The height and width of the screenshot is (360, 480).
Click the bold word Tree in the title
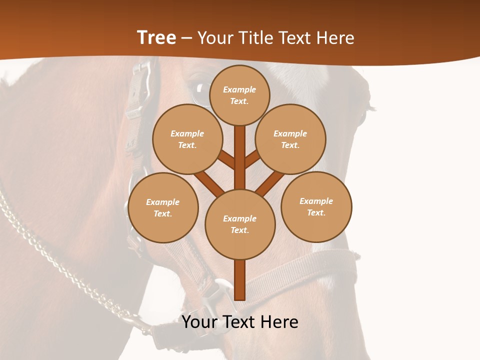pyautogui.click(x=156, y=37)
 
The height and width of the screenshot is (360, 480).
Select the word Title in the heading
pyautogui.click(x=252, y=38)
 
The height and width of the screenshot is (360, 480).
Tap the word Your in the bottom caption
pyautogui.click(x=199, y=322)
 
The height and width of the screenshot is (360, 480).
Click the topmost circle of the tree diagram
pyautogui.click(x=239, y=94)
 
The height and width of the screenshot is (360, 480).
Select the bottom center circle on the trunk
pyautogui.click(x=240, y=224)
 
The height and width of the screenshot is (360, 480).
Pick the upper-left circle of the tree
pyautogui.click(x=187, y=139)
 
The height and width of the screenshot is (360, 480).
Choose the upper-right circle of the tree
pyautogui.click(x=290, y=139)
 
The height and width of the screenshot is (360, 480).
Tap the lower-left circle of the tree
pyautogui.click(x=163, y=207)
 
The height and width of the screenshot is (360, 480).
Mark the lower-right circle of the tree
pyautogui.click(x=316, y=206)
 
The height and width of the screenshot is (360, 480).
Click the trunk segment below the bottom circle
pyautogui.click(x=240, y=280)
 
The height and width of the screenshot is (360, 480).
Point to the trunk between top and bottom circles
pyautogui.click(x=240, y=157)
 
